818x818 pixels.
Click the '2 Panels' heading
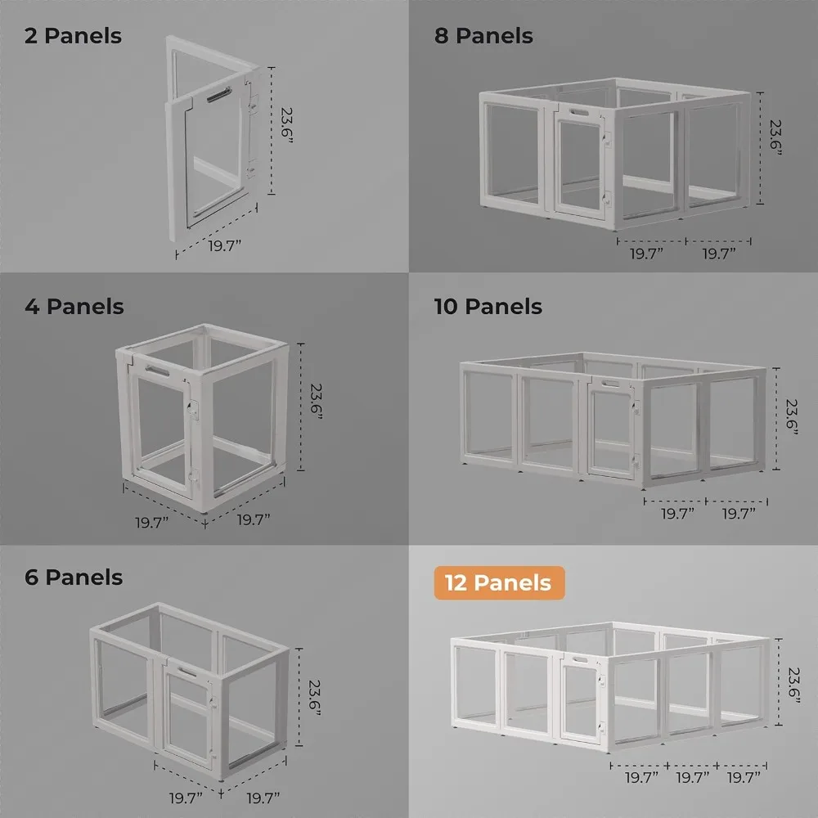[73, 36]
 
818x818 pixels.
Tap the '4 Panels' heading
[74, 307]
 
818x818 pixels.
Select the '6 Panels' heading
[74, 578]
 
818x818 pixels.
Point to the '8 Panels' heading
[483, 36]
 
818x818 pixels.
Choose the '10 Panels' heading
[488, 307]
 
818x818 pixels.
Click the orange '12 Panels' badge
[499, 582]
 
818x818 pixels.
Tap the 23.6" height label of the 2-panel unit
[286, 126]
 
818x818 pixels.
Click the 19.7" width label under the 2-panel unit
[225, 245]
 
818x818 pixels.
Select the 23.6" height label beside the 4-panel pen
[316, 402]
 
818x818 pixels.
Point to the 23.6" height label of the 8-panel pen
[775, 137]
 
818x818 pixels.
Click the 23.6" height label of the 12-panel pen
[793, 685]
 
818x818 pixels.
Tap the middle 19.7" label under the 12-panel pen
[692, 778]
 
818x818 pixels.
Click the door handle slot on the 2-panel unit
[219, 95]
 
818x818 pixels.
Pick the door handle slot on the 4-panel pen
[157, 371]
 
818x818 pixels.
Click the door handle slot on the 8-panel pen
[579, 112]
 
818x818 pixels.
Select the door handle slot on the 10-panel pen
[610, 384]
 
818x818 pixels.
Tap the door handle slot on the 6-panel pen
[187, 672]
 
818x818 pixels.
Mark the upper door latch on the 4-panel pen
[193, 409]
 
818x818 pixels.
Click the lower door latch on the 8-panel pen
[607, 199]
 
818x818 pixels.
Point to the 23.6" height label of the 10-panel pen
[791, 417]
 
